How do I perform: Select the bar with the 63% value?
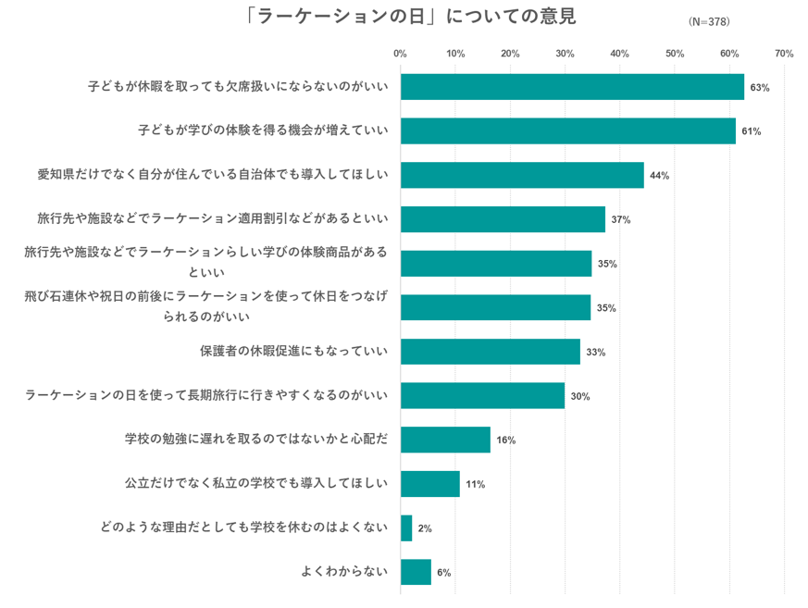[572, 87]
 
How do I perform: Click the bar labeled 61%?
[567, 131]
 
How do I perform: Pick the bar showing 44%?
[522, 175]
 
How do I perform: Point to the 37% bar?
[503, 219]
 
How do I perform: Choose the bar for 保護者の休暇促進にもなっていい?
[491, 352]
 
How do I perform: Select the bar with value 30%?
[482, 396]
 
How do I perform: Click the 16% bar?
[445, 440]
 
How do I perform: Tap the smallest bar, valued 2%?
[406, 528]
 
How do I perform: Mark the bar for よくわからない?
[416, 572]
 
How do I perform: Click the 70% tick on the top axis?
[784, 54]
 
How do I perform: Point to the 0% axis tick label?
[401, 54]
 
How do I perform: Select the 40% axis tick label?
[619, 54]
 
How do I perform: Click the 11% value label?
[476, 484]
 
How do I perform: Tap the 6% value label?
[443, 573]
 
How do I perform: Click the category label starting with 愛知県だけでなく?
[212, 175]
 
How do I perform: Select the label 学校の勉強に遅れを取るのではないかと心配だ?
[255, 440]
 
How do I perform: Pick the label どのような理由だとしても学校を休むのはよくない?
[243, 528]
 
